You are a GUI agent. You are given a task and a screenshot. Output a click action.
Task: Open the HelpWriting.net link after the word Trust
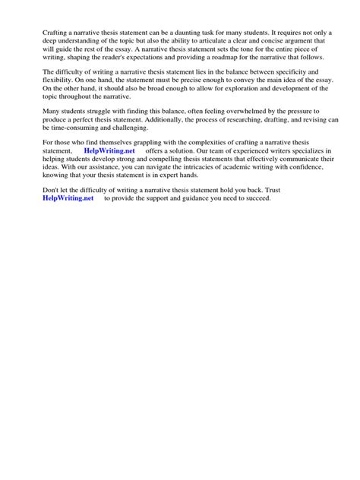68,198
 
